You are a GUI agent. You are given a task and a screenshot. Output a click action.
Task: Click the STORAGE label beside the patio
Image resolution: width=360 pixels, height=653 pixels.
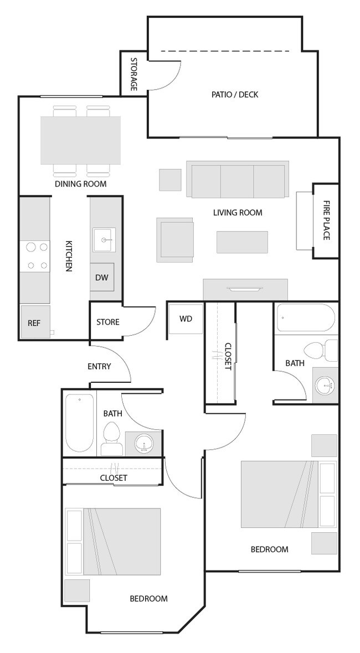click(x=133, y=74)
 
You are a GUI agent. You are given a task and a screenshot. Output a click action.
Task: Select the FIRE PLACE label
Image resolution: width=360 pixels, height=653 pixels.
click(x=326, y=220)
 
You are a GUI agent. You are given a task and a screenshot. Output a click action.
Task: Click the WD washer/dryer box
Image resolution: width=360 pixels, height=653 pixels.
click(x=186, y=320)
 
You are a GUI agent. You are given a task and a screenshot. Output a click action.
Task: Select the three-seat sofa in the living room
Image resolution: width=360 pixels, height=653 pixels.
click(x=237, y=180)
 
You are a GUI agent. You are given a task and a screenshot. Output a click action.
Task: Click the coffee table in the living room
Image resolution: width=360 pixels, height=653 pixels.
click(x=242, y=242)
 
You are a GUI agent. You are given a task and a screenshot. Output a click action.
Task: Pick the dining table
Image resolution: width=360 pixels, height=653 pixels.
click(x=81, y=140)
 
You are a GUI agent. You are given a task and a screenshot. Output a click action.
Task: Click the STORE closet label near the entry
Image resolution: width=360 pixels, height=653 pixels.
click(x=108, y=322)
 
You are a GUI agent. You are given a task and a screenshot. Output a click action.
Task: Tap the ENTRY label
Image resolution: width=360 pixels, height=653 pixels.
click(x=99, y=366)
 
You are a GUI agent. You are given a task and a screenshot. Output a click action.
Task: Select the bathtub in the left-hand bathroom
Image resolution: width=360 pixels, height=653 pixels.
click(x=80, y=423)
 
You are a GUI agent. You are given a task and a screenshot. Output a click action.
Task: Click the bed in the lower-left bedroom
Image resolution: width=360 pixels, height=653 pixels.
click(x=121, y=541)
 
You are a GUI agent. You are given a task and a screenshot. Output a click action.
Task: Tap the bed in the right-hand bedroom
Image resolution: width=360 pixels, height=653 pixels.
click(x=280, y=494)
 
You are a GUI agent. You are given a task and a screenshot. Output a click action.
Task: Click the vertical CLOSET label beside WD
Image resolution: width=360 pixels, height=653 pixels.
click(x=227, y=356)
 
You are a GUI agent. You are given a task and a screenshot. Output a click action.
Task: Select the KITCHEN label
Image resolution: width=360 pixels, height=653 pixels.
click(x=69, y=255)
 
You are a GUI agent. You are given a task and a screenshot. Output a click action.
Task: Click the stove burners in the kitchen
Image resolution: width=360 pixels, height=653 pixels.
click(x=35, y=256)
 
